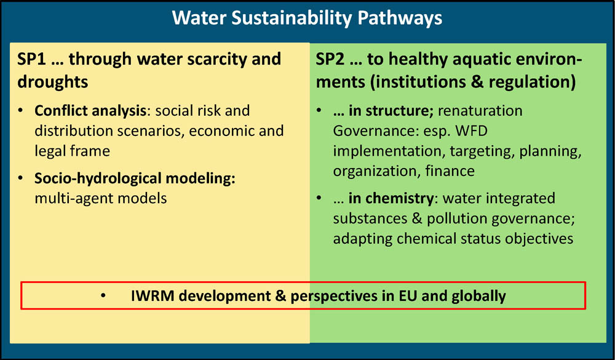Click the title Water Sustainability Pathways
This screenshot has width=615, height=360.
click(x=307, y=18)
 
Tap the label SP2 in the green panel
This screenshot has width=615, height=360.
click(x=330, y=59)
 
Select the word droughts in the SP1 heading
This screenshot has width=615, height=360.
click(x=53, y=81)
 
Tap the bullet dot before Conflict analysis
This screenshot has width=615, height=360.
click(x=22, y=111)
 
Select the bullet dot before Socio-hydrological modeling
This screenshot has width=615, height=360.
click(x=22, y=178)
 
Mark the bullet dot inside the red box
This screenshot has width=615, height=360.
click(x=104, y=296)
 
